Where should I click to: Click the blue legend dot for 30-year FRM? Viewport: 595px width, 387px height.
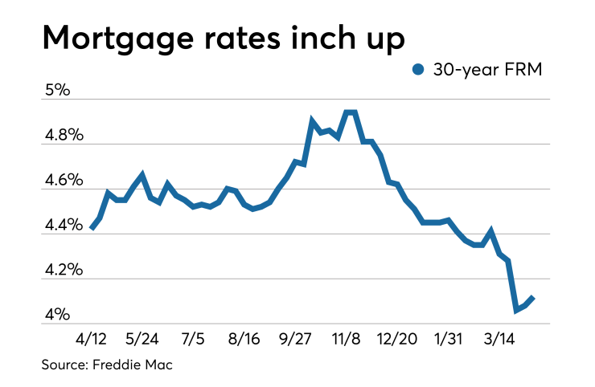(x=417, y=71)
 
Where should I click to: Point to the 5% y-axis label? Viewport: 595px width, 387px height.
(x=58, y=90)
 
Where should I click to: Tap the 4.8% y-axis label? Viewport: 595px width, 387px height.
(x=63, y=135)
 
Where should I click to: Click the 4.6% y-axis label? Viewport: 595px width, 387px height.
(x=63, y=180)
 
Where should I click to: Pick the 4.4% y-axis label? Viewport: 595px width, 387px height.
(x=63, y=225)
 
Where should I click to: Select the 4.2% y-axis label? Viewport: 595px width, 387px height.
(x=63, y=270)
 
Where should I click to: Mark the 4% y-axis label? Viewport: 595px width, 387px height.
(x=58, y=315)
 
